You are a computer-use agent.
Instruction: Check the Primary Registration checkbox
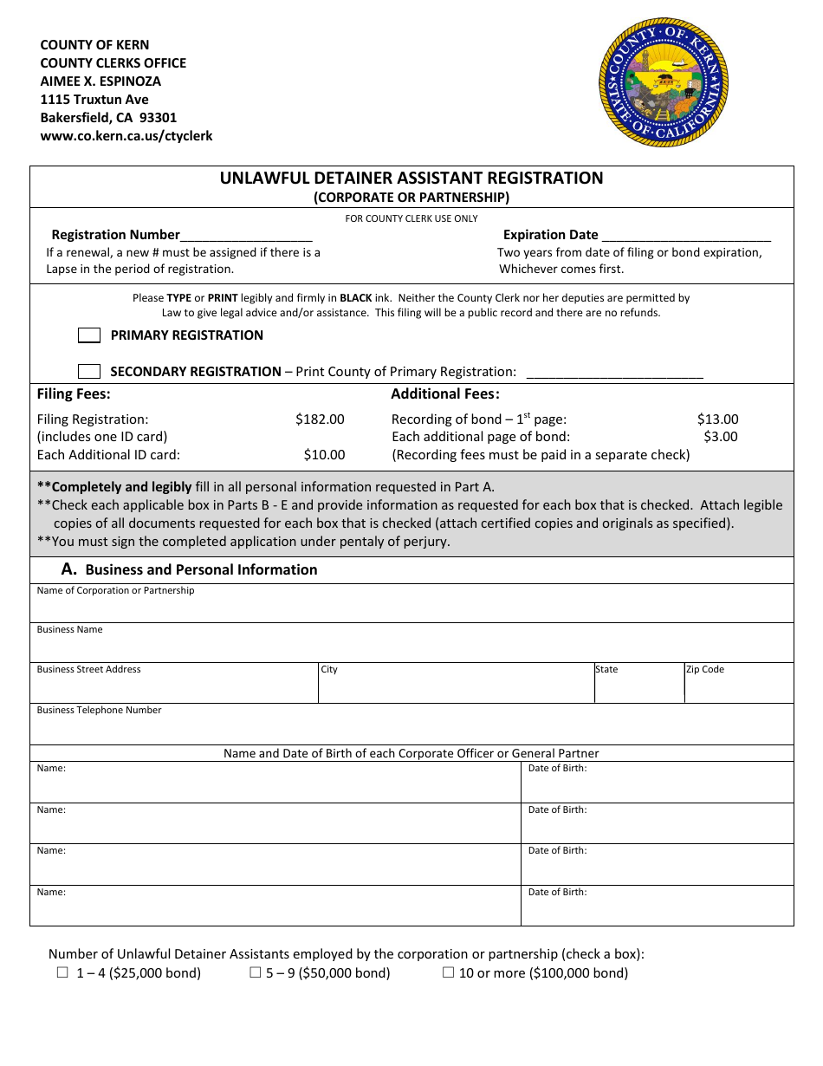pyautogui.click(x=89, y=335)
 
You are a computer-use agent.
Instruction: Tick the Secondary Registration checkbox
pyautogui.click(x=89, y=372)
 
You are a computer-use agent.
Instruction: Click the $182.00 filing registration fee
pyautogui.click(x=320, y=419)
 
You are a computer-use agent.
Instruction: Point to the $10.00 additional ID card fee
pyautogui.click(x=324, y=455)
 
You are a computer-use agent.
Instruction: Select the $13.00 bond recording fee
pyautogui.click(x=717, y=419)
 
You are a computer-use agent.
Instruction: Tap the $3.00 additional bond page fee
pyautogui.click(x=720, y=437)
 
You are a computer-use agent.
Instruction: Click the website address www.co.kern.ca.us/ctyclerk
pyautogui.click(x=126, y=136)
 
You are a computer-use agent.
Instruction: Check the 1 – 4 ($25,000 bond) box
pyautogui.click(x=62, y=972)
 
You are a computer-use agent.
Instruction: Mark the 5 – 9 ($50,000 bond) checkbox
pyautogui.click(x=256, y=972)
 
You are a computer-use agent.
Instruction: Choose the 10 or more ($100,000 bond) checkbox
pyautogui.click(x=449, y=972)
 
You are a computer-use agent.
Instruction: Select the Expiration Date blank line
pyautogui.click(x=685, y=235)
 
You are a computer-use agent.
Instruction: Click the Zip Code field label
pyautogui.click(x=704, y=670)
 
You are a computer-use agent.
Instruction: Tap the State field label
pyautogui.click(x=606, y=670)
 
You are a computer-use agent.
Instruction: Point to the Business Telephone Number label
pyautogui.click(x=99, y=711)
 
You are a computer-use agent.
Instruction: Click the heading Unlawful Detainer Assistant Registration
pyautogui.click(x=411, y=179)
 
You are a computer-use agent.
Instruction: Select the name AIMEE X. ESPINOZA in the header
pyautogui.click(x=100, y=81)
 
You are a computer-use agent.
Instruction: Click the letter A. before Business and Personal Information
pyautogui.click(x=69, y=569)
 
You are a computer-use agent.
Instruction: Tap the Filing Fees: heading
pyautogui.click(x=74, y=394)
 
